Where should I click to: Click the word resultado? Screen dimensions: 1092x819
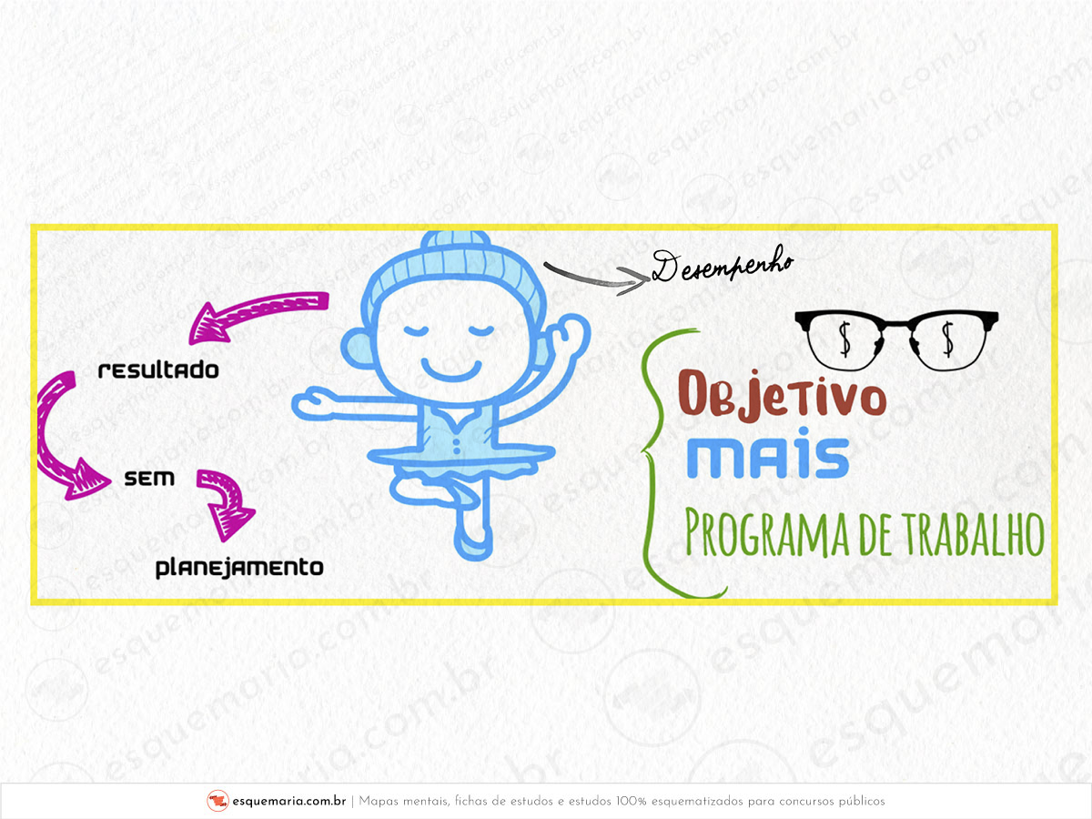[x=158, y=370]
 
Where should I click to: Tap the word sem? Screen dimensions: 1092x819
[x=149, y=479]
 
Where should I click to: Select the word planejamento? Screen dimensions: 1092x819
[x=239, y=568]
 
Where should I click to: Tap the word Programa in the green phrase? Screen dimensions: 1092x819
[x=766, y=534]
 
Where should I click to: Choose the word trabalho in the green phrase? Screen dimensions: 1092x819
[x=975, y=534]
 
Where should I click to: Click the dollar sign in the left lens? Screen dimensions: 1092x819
[x=844, y=339]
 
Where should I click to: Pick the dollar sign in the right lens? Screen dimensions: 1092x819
[x=948, y=339]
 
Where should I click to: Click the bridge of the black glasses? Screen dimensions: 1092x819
[x=896, y=324]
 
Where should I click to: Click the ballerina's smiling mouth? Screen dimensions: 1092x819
[x=451, y=370]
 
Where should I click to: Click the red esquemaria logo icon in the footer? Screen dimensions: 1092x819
[x=217, y=801]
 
